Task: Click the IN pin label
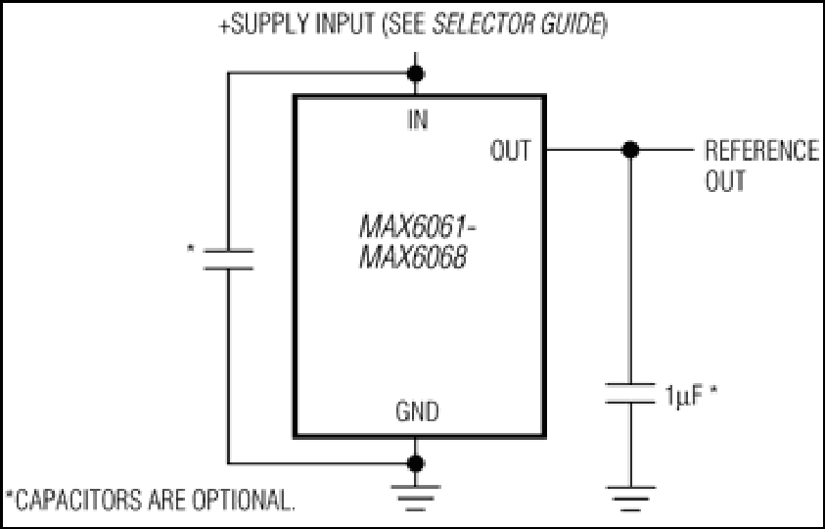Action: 418,120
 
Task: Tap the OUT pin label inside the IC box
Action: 510,151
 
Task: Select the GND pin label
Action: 417,411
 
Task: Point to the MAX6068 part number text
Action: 413,259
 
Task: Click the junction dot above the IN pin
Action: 416,73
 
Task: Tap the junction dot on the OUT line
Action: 630,150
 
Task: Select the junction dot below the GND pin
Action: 416,463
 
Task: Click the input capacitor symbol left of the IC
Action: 228,260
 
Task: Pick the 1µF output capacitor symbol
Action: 630,394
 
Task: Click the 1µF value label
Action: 683,395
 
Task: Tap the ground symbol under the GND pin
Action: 416,498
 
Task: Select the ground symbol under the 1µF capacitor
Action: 630,499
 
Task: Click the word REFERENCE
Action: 761,151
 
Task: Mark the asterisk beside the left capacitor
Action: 191,248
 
